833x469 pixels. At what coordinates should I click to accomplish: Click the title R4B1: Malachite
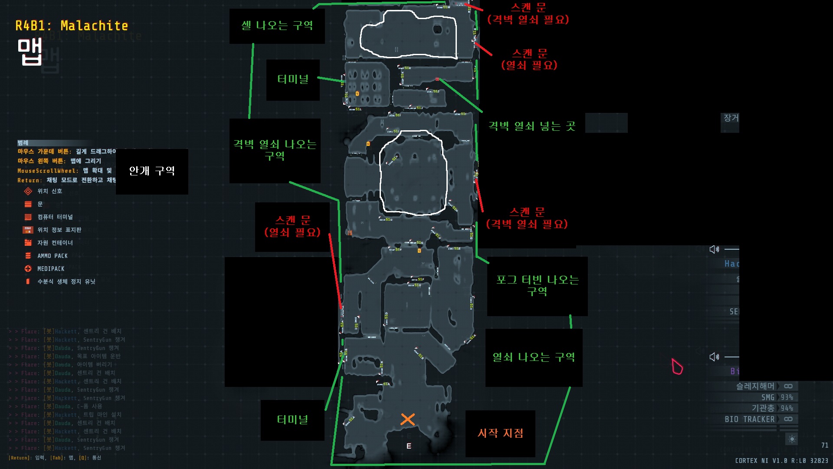72,26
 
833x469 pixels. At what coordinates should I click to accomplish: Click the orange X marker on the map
407,419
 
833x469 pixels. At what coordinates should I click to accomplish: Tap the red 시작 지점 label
500,433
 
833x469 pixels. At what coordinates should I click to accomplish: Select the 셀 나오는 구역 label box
277,26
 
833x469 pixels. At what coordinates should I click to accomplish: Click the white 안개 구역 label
152,171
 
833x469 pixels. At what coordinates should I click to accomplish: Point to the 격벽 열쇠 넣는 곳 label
532,126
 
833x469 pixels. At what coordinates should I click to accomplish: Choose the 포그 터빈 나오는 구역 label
537,285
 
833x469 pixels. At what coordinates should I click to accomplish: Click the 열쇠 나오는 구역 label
534,357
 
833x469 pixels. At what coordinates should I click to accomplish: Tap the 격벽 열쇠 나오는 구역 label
275,150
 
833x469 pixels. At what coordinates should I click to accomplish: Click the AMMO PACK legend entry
52,256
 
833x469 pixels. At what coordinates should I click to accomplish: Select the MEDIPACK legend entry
50,269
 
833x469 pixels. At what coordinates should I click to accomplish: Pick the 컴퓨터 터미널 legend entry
55,217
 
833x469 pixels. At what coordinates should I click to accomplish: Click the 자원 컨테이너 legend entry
55,243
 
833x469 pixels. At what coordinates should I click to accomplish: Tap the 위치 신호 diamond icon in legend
28,191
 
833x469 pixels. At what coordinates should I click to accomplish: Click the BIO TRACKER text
749,419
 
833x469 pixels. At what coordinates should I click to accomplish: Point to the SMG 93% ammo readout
777,397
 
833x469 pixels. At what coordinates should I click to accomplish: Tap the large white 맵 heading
30,51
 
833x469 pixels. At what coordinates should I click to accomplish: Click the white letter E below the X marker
409,446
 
